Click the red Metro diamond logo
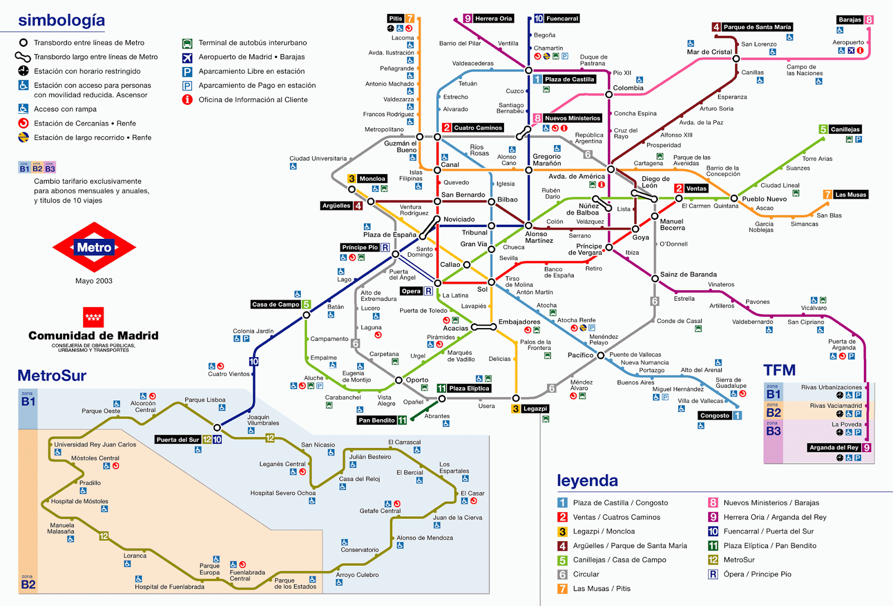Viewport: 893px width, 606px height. (x=94, y=247)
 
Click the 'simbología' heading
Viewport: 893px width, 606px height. (x=61, y=20)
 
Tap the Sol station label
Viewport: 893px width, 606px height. (x=482, y=289)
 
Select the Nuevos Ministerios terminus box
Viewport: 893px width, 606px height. (x=572, y=118)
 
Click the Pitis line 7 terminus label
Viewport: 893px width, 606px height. (x=396, y=18)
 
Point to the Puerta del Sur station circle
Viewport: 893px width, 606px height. (x=217, y=427)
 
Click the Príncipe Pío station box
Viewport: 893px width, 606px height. (x=360, y=247)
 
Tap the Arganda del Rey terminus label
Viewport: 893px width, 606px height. (x=834, y=448)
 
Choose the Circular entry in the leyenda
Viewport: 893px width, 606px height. (x=586, y=574)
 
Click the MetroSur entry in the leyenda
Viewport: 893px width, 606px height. (x=739, y=560)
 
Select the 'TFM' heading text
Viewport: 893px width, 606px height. (x=779, y=370)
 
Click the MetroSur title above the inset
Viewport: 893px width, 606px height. (x=52, y=376)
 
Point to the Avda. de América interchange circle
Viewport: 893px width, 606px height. (x=611, y=169)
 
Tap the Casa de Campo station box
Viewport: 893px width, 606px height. (x=276, y=304)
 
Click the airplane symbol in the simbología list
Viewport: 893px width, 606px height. (x=188, y=57)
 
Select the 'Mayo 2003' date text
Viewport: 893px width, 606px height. (x=94, y=281)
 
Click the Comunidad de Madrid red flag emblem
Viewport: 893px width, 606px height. (x=93, y=317)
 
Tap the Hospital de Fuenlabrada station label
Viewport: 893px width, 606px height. (x=169, y=586)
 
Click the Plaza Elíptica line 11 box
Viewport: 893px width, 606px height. (x=469, y=388)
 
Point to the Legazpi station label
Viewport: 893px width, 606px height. (x=535, y=408)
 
